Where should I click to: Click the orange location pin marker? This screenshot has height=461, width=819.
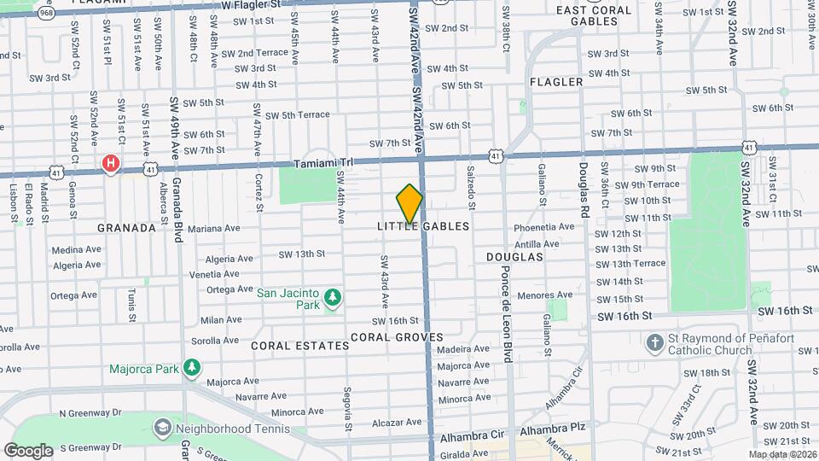[409, 204]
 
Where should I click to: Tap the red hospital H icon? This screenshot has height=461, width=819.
[110, 163]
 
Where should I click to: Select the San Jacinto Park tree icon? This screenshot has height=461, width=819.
[332, 300]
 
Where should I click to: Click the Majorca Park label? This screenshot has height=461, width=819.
[143, 369]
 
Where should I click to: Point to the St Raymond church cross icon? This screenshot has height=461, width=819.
[654, 344]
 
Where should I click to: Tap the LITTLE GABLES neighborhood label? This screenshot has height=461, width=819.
[423, 226]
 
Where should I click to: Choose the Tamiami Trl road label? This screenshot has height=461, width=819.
[322, 163]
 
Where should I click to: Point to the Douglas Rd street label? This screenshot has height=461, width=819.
[584, 189]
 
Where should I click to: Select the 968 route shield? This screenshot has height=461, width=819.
[46, 14]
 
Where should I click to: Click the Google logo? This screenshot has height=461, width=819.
[28, 450]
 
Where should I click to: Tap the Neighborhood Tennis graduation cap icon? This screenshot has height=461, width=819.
[161, 425]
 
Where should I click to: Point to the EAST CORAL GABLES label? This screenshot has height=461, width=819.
[594, 15]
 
